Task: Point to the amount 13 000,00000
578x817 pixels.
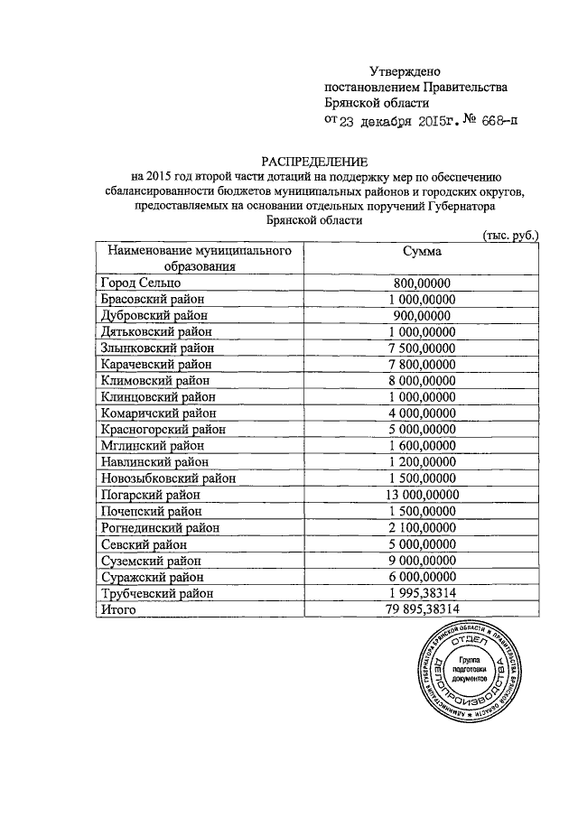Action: pyautogui.click(x=421, y=495)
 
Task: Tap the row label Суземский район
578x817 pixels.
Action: pyautogui.click(x=152, y=560)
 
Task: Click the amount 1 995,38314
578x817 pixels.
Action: pyautogui.click(x=421, y=593)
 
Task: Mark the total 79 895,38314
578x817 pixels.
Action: pyautogui.click(x=421, y=609)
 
